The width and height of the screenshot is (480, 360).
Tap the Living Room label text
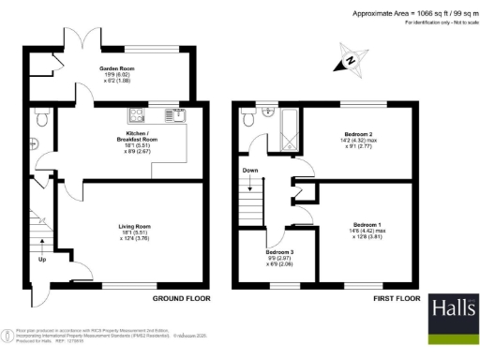coord(135,226)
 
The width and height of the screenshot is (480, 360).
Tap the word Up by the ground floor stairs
coord(40,260)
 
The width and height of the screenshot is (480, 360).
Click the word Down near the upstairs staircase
coord(248,171)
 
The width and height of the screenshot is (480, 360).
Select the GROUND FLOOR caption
coord(182,298)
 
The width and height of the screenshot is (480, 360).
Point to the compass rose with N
coord(347,61)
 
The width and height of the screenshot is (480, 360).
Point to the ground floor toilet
coord(38,118)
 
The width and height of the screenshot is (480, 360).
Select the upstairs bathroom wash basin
coord(269,112)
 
